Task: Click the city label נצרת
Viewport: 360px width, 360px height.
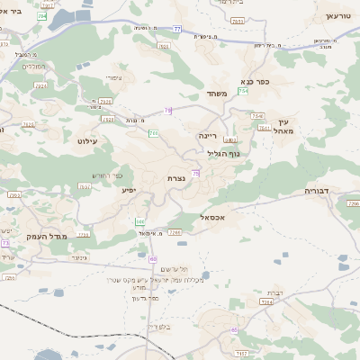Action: tap(176, 179)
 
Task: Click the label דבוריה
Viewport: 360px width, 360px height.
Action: tap(318, 191)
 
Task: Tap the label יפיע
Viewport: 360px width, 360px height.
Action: tap(128, 191)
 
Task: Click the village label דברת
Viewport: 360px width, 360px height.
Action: tap(274, 292)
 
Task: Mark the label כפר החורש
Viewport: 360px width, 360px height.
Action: tap(105, 175)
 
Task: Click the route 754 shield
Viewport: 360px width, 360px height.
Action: tap(243, 92)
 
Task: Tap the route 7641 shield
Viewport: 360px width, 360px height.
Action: tap(264, 129)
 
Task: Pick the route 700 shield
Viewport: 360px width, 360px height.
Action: tap(154, 134)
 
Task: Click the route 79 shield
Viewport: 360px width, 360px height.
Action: tap(167, 111)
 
